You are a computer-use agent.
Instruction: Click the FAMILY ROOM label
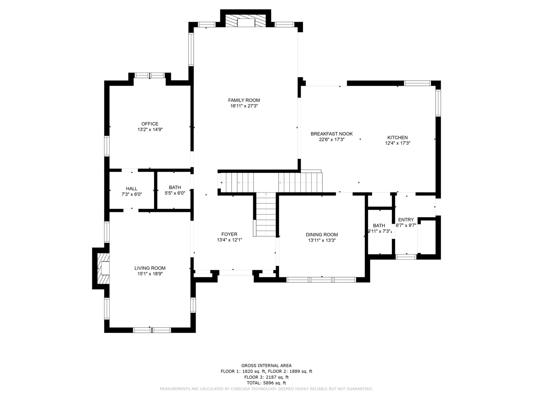click(244, 100)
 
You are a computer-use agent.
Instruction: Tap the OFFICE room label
click(150, 124)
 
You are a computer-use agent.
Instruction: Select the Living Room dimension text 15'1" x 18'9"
click(150, 274)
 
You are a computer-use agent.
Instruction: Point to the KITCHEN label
click(398, 137)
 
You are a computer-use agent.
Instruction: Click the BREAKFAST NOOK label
click(331, 134)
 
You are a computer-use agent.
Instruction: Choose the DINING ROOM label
click(322, 234)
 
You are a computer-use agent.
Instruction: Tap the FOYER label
click(229, 234)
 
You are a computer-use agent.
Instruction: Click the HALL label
click(132, 189)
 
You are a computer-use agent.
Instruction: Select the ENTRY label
click(406, 220)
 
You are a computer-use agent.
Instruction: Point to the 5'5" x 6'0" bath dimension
click(175, 193)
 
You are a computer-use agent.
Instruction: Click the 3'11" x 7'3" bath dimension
click(379, 231)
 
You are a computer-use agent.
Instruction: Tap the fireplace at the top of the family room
click(245, 21)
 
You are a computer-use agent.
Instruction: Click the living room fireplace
click(103, 269)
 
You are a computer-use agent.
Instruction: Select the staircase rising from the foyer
click(266, 214)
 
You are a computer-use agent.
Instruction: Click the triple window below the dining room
click(321, 280)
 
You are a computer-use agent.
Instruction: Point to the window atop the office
click(150, 75)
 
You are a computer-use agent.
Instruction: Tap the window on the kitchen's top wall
click(417, 83)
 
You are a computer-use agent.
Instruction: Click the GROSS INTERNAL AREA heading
click(266, 366)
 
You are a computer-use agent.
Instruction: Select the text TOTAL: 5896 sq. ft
click(266, 383)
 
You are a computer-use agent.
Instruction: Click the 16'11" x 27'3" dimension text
click(244, 106)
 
